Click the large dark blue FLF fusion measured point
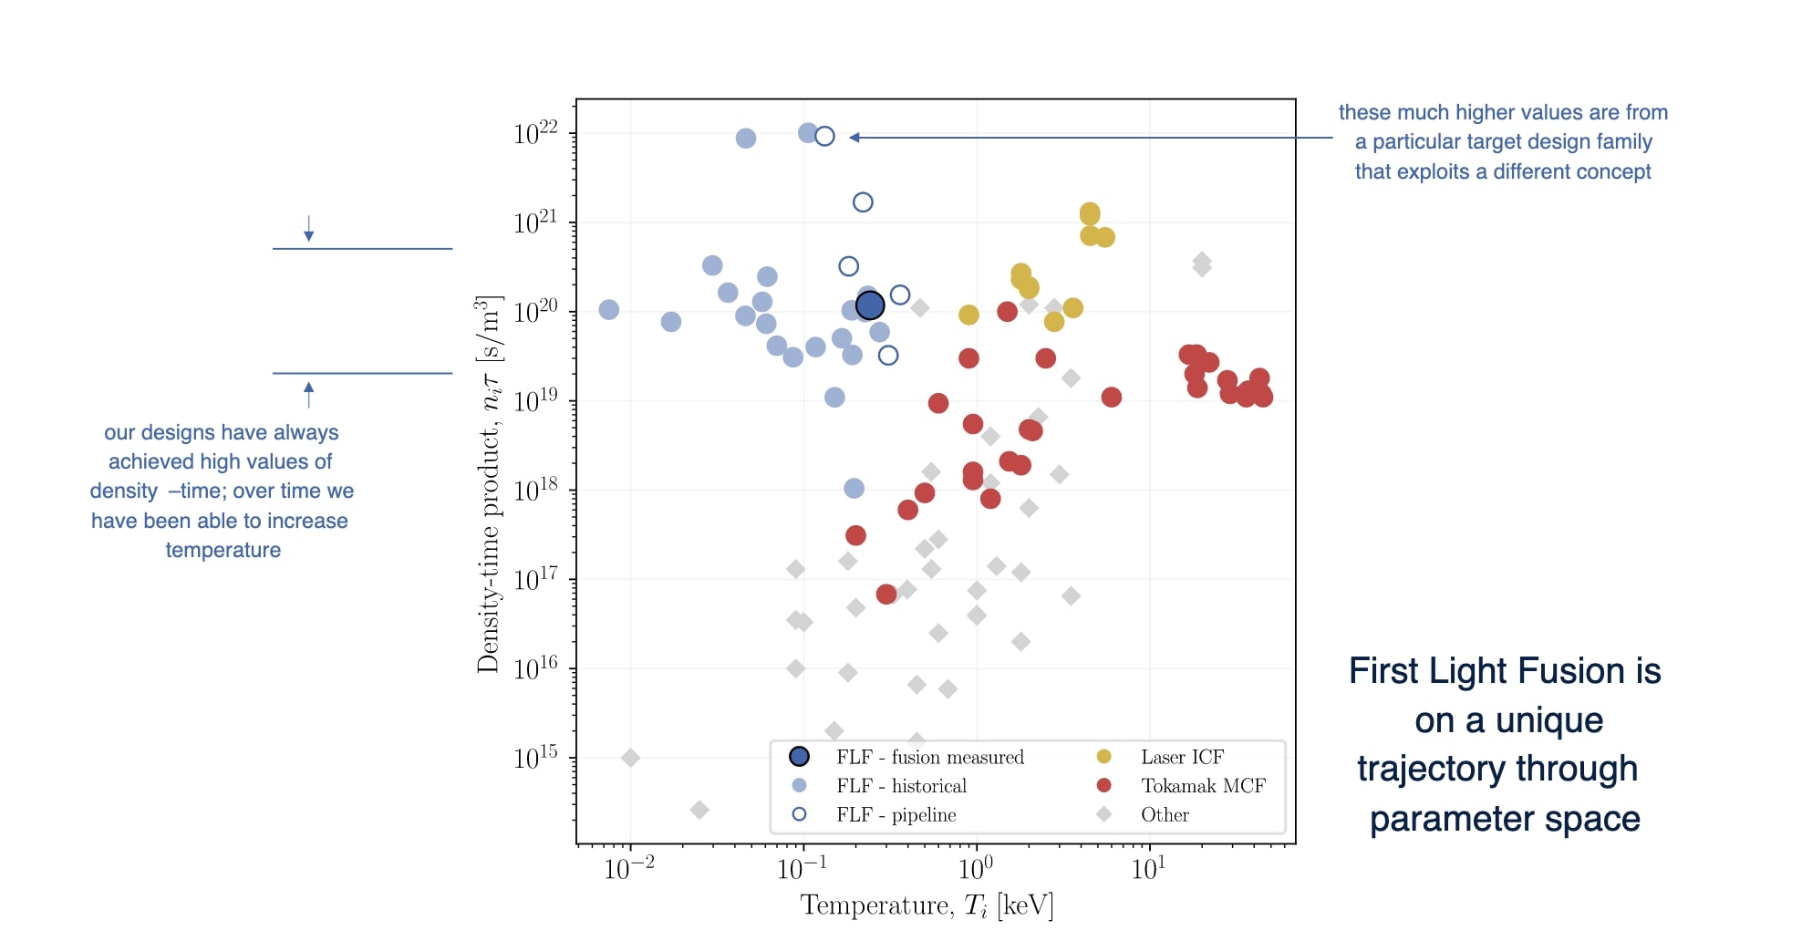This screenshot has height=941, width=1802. coord(870,305)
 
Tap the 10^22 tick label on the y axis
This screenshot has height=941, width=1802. coord(535,134)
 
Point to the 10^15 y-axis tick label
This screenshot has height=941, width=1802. coord(535,758)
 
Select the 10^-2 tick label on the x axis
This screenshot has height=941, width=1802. coord(629,869)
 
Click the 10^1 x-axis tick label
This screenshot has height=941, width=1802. coord(1148,869)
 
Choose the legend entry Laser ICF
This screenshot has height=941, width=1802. coord(1182,757)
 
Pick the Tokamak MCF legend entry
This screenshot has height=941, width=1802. coord(1203,786)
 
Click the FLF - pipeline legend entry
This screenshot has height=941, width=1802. coord(896,815)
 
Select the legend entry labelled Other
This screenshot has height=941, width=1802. coord(1165,815)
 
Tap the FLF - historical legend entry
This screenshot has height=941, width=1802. coord(901,786)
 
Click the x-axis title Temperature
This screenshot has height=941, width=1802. coord(927,905)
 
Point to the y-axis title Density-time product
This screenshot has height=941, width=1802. coord(489,484)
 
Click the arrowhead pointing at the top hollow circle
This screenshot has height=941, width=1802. coord(854,138)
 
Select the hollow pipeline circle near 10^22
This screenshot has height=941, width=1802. coord(824,136)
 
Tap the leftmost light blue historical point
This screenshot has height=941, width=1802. coord(609,310)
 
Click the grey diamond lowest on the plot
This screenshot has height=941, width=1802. coord(699,810)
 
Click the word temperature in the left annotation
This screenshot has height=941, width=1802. coord(223,550)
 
